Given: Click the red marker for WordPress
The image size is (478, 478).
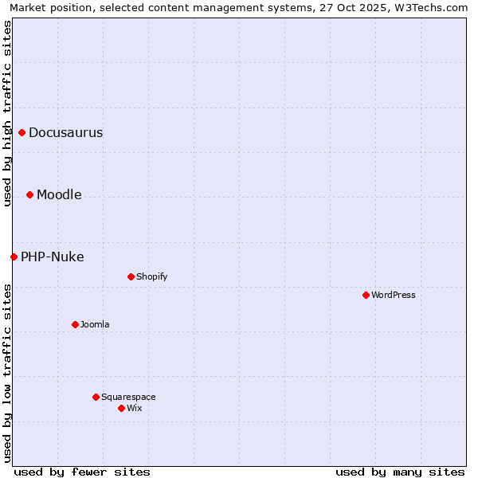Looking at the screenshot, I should coord(366,295).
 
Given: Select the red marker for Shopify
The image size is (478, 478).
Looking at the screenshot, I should coord(131,276).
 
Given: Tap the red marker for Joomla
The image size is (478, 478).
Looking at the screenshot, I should coord(75,324).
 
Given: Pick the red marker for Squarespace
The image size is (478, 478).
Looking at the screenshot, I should coord(96,397).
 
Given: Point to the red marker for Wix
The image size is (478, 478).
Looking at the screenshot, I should coord(121,408).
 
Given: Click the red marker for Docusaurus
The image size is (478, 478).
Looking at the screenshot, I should coord(22,132).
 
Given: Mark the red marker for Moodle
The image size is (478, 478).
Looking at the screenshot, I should coord(29,194).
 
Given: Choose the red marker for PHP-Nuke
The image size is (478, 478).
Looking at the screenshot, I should coord(14,257).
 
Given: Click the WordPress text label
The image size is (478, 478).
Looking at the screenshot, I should coord(394,295).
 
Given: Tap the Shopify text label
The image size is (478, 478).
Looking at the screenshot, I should coord(151,276).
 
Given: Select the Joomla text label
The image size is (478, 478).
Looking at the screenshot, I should coord(95,324).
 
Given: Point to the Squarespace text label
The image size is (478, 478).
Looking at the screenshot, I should coord(128,397).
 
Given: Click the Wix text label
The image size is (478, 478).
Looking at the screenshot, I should coord(134,408).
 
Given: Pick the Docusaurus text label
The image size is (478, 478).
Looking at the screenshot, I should coord(65,132).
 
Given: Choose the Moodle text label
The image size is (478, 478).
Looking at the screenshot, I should coord(59,194).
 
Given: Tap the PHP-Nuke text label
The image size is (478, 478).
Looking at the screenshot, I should coord(52,257).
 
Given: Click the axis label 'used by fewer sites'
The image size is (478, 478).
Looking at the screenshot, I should coord(82,472).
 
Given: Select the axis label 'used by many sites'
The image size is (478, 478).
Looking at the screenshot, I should coord(400,472).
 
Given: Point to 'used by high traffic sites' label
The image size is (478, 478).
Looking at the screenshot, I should coord(7,113).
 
